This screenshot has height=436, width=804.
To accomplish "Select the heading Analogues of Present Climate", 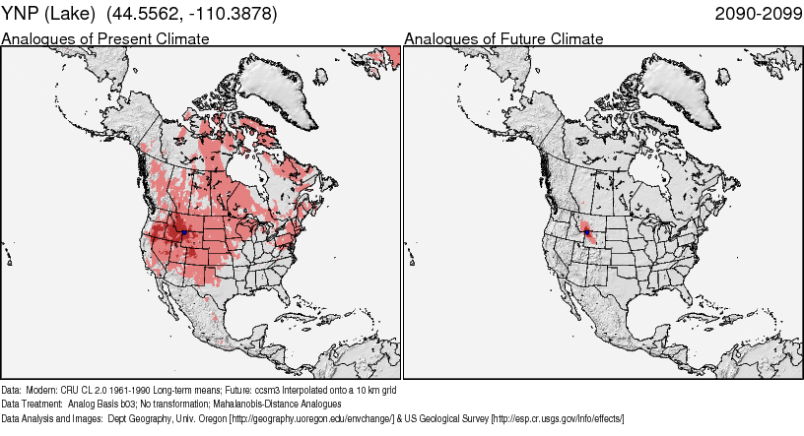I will (105, 39).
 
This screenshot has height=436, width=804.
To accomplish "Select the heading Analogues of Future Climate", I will (503, 39).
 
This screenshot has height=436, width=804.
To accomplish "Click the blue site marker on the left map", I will (184, 231).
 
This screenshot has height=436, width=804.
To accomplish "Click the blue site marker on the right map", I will (585, 232).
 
